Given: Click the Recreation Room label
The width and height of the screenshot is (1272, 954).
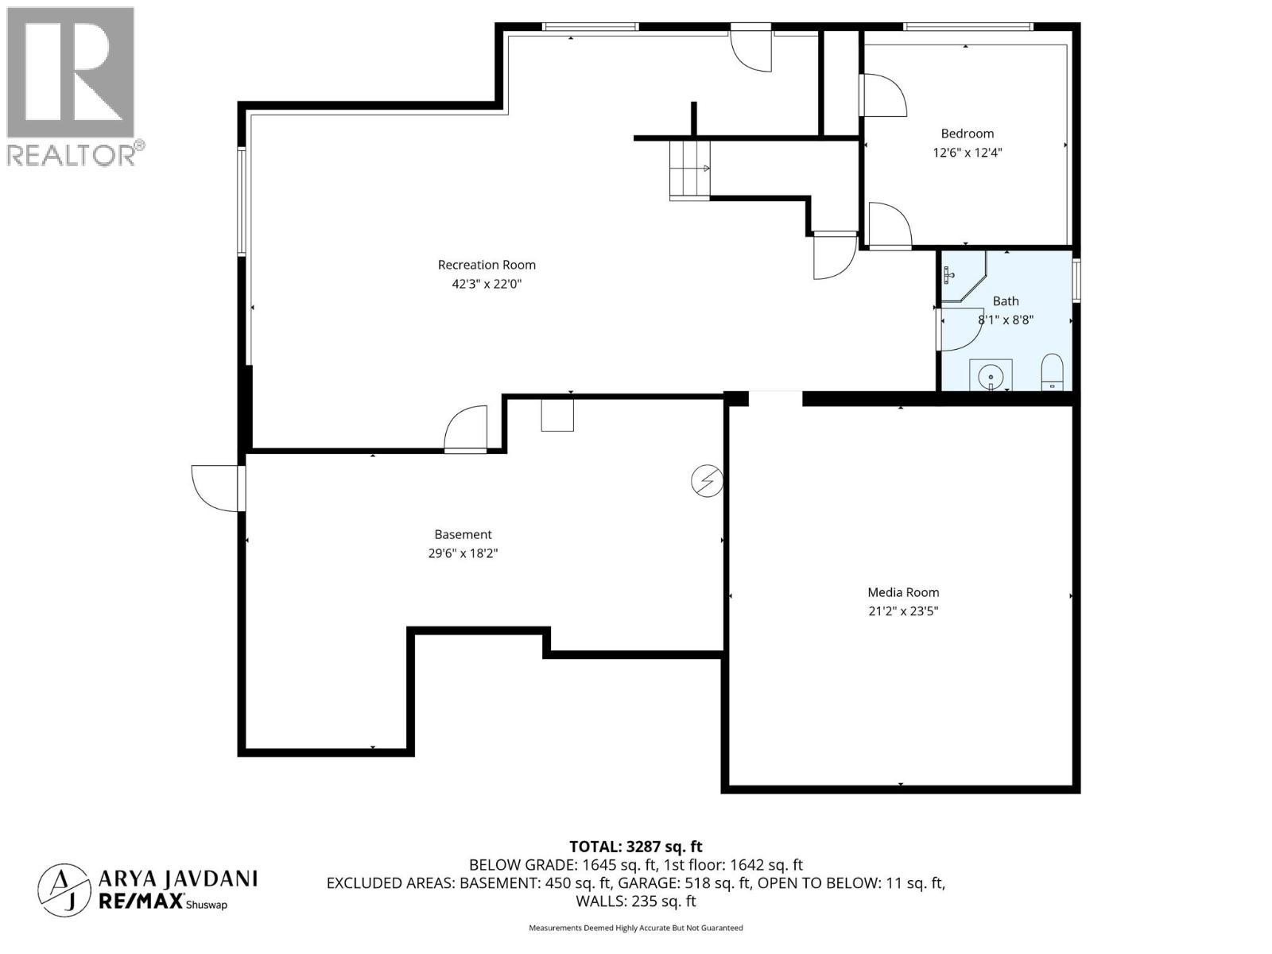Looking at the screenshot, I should (x=487, y=265).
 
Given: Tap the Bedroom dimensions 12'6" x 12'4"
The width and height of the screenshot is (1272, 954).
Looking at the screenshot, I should (x=967, y=153).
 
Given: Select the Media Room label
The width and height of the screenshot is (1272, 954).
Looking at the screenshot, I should (x=903, y=592).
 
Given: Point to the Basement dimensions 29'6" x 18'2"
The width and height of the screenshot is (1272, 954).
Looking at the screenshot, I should (x=463, y=553).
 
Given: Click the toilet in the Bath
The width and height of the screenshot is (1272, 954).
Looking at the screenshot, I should (x=1052, y=372).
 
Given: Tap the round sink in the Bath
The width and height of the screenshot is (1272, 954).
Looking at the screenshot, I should (x=991, y=375).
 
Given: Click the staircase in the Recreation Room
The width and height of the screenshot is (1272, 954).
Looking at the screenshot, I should (x=688, y=169).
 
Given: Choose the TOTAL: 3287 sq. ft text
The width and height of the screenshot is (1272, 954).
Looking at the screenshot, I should (x=635, y=847).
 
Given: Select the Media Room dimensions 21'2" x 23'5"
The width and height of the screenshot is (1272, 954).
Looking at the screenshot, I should (x=903, y=611).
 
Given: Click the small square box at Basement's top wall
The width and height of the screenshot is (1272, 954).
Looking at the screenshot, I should (x=557, y=415).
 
